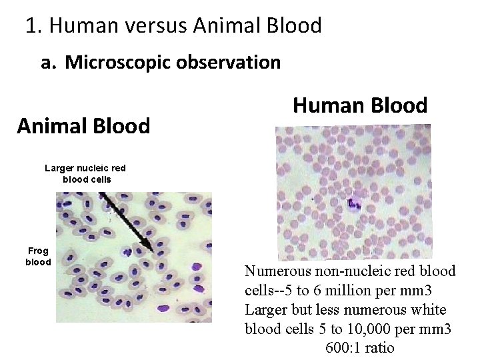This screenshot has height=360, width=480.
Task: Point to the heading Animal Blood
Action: click(83, 126)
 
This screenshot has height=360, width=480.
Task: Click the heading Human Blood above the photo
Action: click(360, 105)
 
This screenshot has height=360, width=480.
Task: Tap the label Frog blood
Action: click(38, 257)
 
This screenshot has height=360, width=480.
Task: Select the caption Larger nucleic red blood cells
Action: click(85, 174)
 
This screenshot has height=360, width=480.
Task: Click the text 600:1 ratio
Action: click(360, 348)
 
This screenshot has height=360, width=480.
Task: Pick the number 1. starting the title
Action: click(33, 26)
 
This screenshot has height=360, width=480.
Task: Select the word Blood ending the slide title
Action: click(295, 26)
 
